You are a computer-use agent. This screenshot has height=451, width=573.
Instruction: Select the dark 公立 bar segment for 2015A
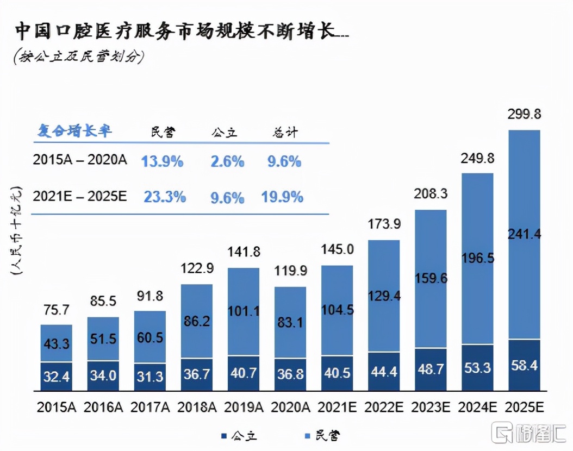click(x=57, y=376)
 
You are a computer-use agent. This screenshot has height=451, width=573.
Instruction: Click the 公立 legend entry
click(x=239, y=435)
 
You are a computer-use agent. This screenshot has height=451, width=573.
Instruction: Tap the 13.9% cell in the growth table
click(x=162, y=161)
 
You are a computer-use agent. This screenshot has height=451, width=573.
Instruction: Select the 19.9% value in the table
click(x=282, y=197)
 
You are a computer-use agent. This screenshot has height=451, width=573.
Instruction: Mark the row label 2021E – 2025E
click(x=80, y=196)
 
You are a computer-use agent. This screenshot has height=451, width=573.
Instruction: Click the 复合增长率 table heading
click(x=74, y=131)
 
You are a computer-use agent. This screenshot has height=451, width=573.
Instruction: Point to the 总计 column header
click(x=284, y=131)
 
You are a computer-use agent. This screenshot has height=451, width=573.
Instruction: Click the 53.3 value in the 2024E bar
click(x=477, y=368)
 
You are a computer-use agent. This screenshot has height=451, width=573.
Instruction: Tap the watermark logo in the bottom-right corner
click(x=527, y=433)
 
